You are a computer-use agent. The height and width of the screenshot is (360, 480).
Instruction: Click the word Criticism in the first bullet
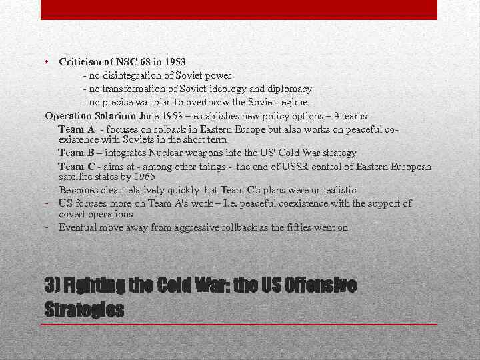[80, 62]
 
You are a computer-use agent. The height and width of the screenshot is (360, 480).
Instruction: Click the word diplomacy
[289, 89]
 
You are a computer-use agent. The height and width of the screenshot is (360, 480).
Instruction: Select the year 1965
[143, 177]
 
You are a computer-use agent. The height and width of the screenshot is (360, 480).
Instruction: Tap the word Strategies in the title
[84, 310]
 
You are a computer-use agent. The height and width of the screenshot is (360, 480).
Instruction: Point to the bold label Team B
[76, 153]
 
